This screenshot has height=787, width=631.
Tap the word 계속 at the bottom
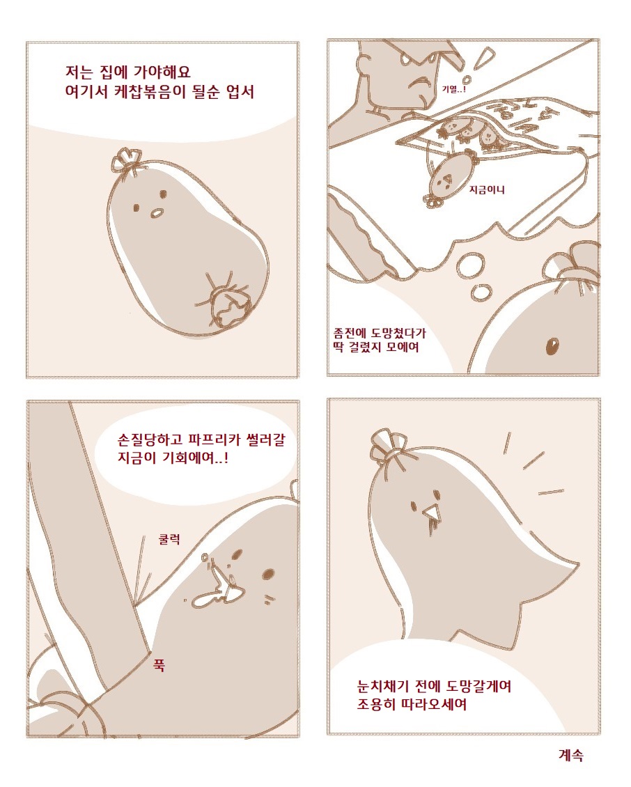click(571, 754)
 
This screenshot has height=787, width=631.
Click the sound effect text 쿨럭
click(169, 540)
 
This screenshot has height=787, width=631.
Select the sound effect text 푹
click(159, 666)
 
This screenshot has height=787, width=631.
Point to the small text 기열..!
click(454, 89)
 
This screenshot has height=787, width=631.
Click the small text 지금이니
click(486, 189)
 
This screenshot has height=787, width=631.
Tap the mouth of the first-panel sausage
click(157, 213)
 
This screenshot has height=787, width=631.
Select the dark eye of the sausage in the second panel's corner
click(552, 346)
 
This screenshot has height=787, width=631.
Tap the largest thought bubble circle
click(471, 265)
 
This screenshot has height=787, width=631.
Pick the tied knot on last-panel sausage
click(387, 446)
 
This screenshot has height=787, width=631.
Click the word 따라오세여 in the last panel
click(433, 704)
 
